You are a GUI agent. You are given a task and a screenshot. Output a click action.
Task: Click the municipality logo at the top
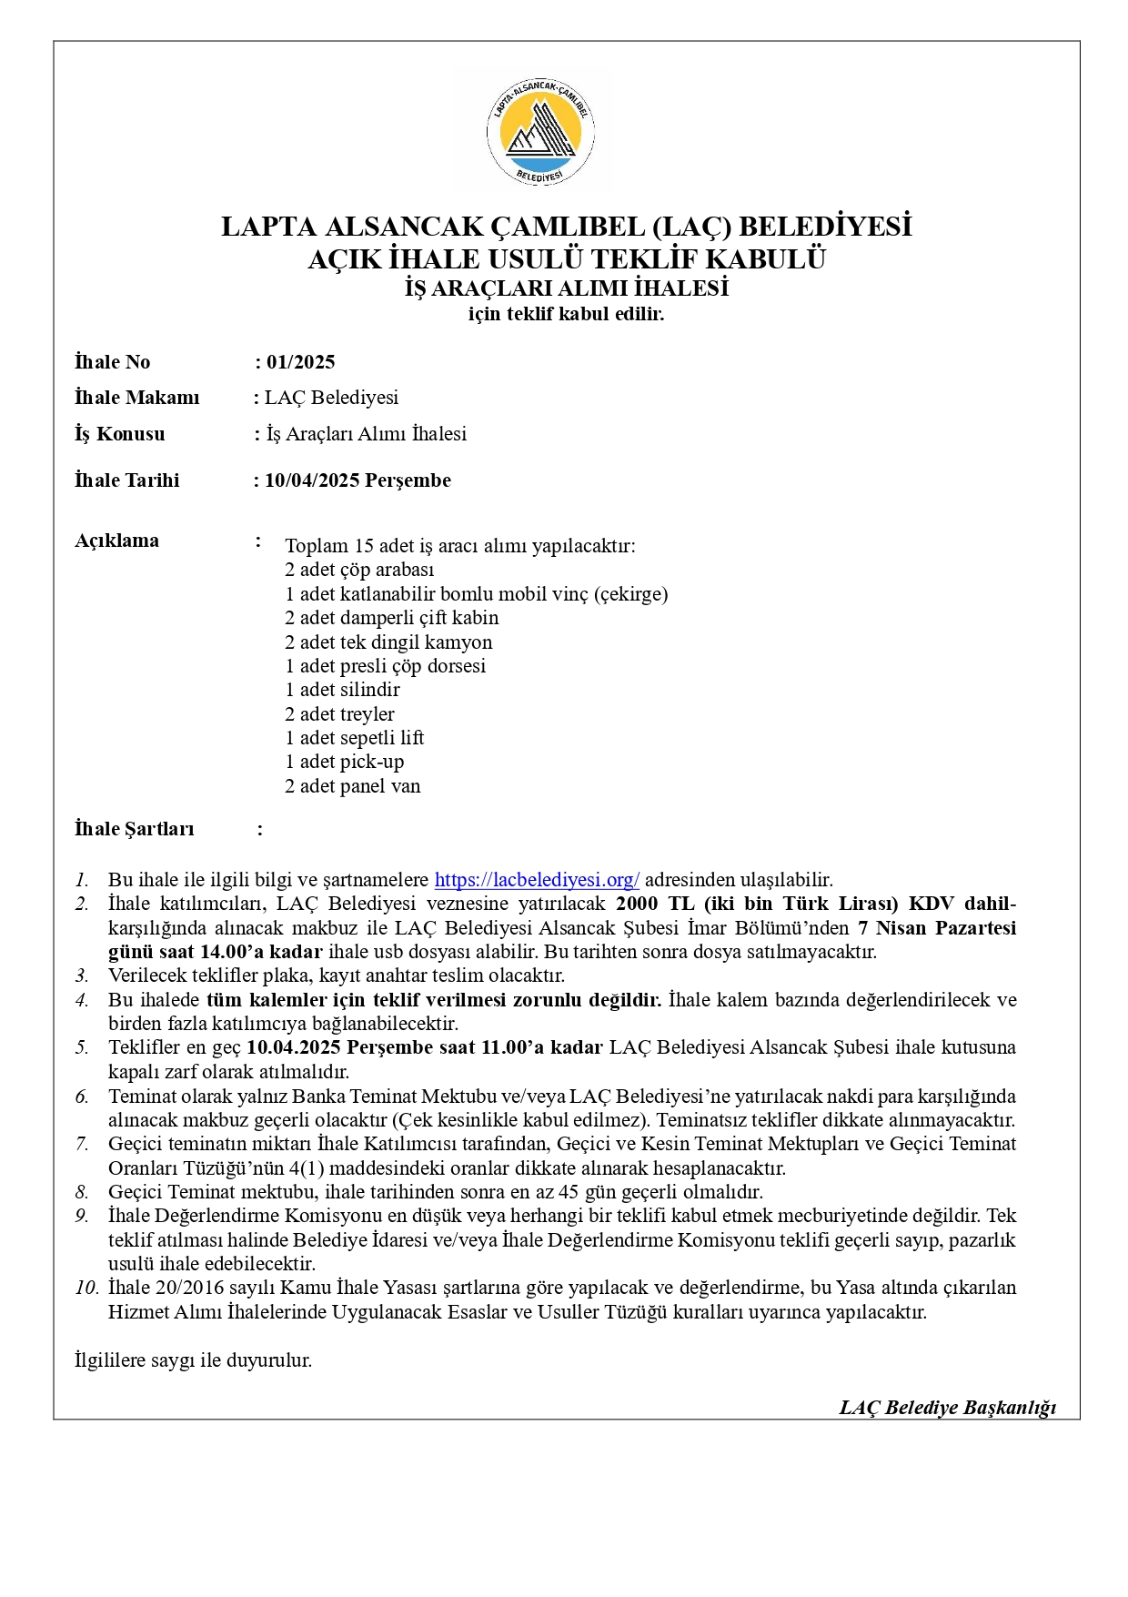click(x=540, y=131)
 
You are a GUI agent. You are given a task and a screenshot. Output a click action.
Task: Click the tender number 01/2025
click(x=300, y=362)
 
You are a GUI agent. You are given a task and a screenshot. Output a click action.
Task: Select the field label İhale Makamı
click(x=136, y=398)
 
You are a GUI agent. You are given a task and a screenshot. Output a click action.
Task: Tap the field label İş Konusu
click(x=120, y=434)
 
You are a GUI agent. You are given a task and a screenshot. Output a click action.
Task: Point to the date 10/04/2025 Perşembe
click(x=358, y=480)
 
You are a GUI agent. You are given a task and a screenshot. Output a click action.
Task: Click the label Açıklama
click(x=116, y=541)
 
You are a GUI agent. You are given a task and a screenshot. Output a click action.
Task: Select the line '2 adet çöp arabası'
click(x=359, y=570)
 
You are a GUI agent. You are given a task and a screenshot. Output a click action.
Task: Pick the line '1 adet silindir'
click(x=342, y=690)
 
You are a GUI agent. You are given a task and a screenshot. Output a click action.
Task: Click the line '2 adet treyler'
click(x=339, y=714)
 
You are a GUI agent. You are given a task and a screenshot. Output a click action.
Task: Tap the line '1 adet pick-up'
click(x=344, y=762)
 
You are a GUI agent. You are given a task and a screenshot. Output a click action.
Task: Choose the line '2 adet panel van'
click(x=352, y=786)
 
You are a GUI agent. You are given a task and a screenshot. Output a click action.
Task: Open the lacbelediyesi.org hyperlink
click(x=537, y=880)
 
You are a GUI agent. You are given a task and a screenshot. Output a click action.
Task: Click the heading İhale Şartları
click(x=134, y=829)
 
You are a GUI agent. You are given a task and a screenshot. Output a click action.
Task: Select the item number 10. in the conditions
click(x=86, y=1288)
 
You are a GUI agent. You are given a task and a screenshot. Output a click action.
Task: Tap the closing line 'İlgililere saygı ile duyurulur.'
click(x=193, y=1360)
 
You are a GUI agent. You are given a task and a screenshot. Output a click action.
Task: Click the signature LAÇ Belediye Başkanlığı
click(x=947, y=1408)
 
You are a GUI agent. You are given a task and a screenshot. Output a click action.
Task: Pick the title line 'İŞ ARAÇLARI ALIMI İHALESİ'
click(x=566, y=288)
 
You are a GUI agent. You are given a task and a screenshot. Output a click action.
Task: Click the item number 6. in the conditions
click(x=82, y=1097)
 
